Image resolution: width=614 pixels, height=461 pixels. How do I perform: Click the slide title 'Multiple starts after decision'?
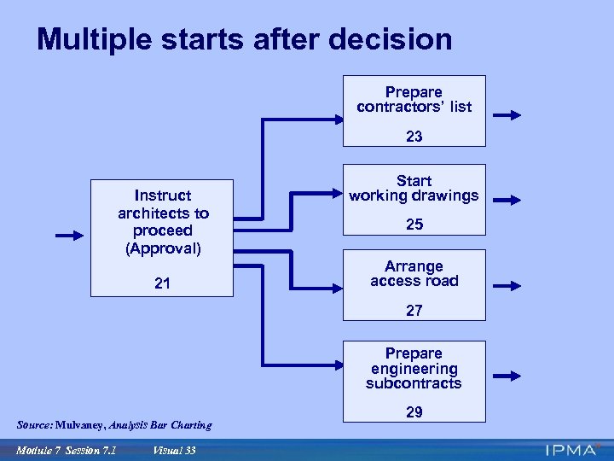[244, 39]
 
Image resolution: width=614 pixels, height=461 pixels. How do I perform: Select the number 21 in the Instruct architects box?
[162, 283]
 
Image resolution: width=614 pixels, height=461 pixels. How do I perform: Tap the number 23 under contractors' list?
[414, 137]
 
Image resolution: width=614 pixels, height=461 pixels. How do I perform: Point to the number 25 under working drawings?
[414, 225]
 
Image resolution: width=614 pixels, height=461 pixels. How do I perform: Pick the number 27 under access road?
[414, 312]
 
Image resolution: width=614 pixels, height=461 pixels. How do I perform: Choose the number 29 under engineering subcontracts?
[414, 412]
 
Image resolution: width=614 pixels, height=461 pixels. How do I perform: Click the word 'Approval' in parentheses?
[163, 248]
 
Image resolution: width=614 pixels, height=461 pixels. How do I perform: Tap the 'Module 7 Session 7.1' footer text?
[66, 451]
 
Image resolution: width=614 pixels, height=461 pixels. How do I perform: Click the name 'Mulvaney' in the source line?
[83, 425]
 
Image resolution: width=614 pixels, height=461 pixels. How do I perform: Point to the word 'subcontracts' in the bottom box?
[414, 384]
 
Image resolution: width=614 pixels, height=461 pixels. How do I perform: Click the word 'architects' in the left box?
[163, 213]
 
